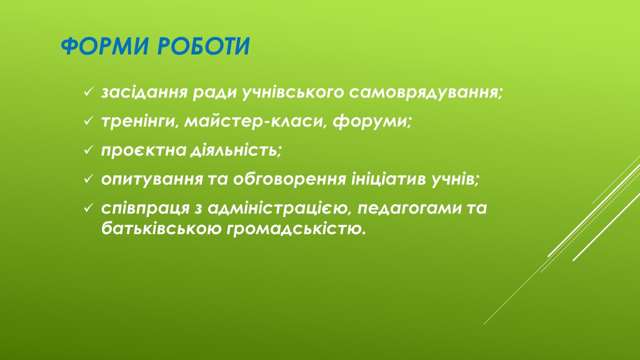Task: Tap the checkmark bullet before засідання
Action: (x=88, y=92)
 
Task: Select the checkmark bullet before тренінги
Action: (x=88, y=121)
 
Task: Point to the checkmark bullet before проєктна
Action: (x=88, y=150)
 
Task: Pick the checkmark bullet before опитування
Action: (x=88, y=179)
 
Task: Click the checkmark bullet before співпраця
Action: (x=88, y=208)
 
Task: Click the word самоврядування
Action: (x=425, y=93)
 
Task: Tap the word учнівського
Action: (x=293, y=93)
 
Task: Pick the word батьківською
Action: (x=161, y=228)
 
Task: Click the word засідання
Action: (x=144, y=93)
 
